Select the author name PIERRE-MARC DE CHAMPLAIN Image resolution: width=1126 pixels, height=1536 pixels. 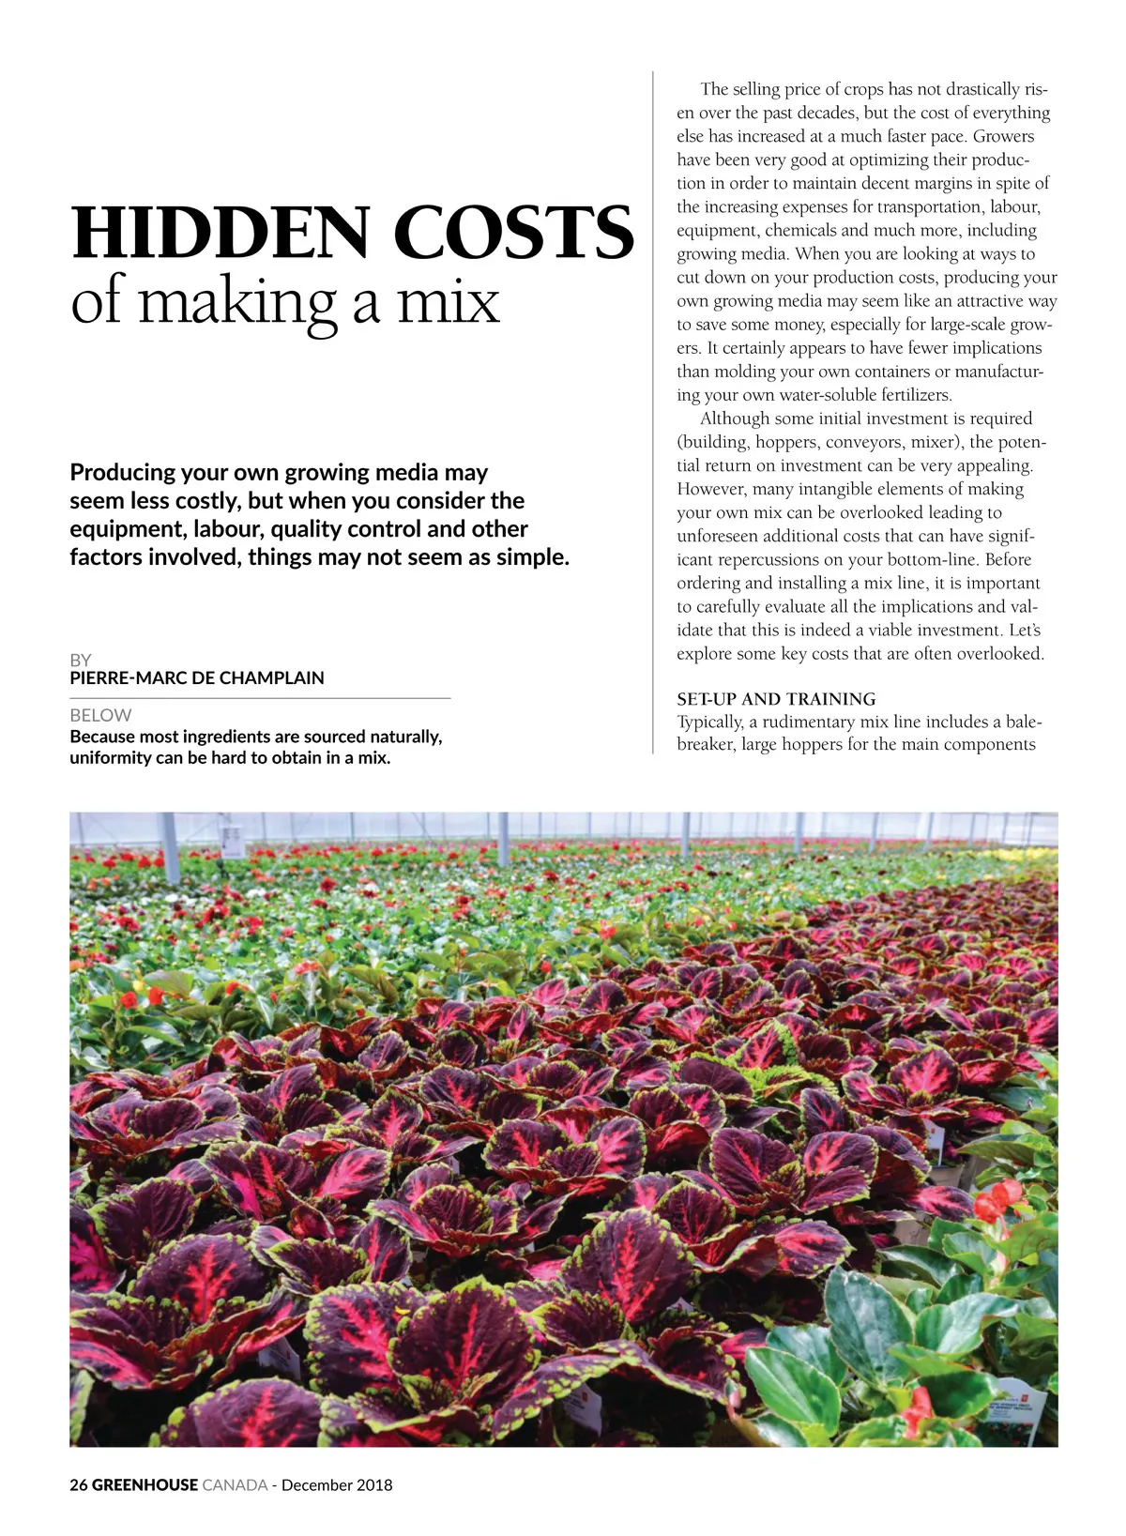coord(197,677)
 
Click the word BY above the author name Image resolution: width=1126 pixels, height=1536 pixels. coord(81,660)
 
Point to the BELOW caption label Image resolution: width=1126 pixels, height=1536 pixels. coord(100,715)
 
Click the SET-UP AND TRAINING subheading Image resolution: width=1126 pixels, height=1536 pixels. coord(776,699)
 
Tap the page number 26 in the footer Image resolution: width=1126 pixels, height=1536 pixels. coord(78,1484)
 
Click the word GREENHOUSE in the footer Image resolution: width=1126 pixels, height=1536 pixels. coord(145,1484)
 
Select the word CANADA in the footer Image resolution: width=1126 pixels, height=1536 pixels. coord(235,1484)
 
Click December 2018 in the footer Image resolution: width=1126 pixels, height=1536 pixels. coord(337,1484)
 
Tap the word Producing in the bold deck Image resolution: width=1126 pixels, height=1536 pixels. coord(123,472)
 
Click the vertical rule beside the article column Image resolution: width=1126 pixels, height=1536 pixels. coord(653,413)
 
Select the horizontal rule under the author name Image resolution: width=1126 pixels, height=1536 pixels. coord(260,698)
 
